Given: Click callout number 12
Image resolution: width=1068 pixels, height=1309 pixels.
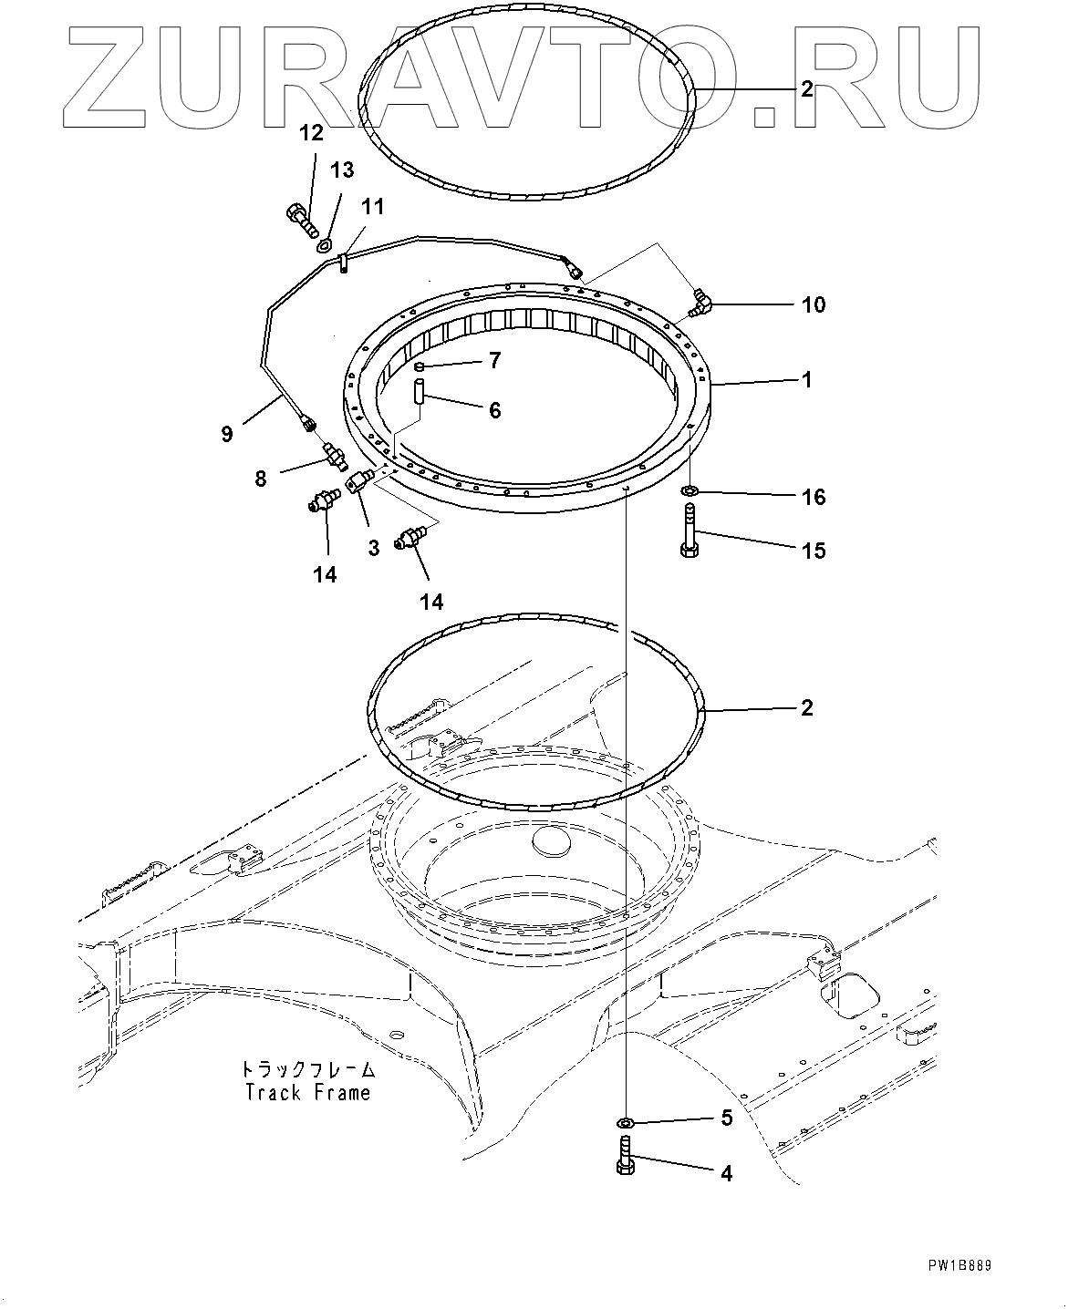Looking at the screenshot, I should (x=311, y=133).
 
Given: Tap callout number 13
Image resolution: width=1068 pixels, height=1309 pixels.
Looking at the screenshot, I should (x=341, y=170).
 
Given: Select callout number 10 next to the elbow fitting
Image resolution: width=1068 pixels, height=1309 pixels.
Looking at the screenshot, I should (x=814, y=304).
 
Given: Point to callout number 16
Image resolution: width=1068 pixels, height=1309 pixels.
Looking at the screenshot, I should (x=814, y=497).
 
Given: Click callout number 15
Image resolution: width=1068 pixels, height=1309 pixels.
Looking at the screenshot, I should (x=814, y=550).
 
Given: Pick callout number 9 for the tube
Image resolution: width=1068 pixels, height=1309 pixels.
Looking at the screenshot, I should (x=227, y=433).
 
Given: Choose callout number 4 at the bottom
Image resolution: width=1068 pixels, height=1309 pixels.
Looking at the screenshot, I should (x=727, y=1173).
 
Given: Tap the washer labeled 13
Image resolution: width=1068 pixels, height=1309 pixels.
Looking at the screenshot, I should (x=324, y=245).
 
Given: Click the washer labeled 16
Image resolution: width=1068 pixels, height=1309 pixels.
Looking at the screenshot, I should (x=690, y=492).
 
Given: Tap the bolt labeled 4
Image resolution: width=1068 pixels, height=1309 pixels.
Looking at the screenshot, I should (x=626, y=1157).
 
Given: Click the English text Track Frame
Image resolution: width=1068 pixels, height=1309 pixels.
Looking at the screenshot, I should (x=308, y=1092).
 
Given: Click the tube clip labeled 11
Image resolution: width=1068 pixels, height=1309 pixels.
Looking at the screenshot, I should (x=343, y=263).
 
